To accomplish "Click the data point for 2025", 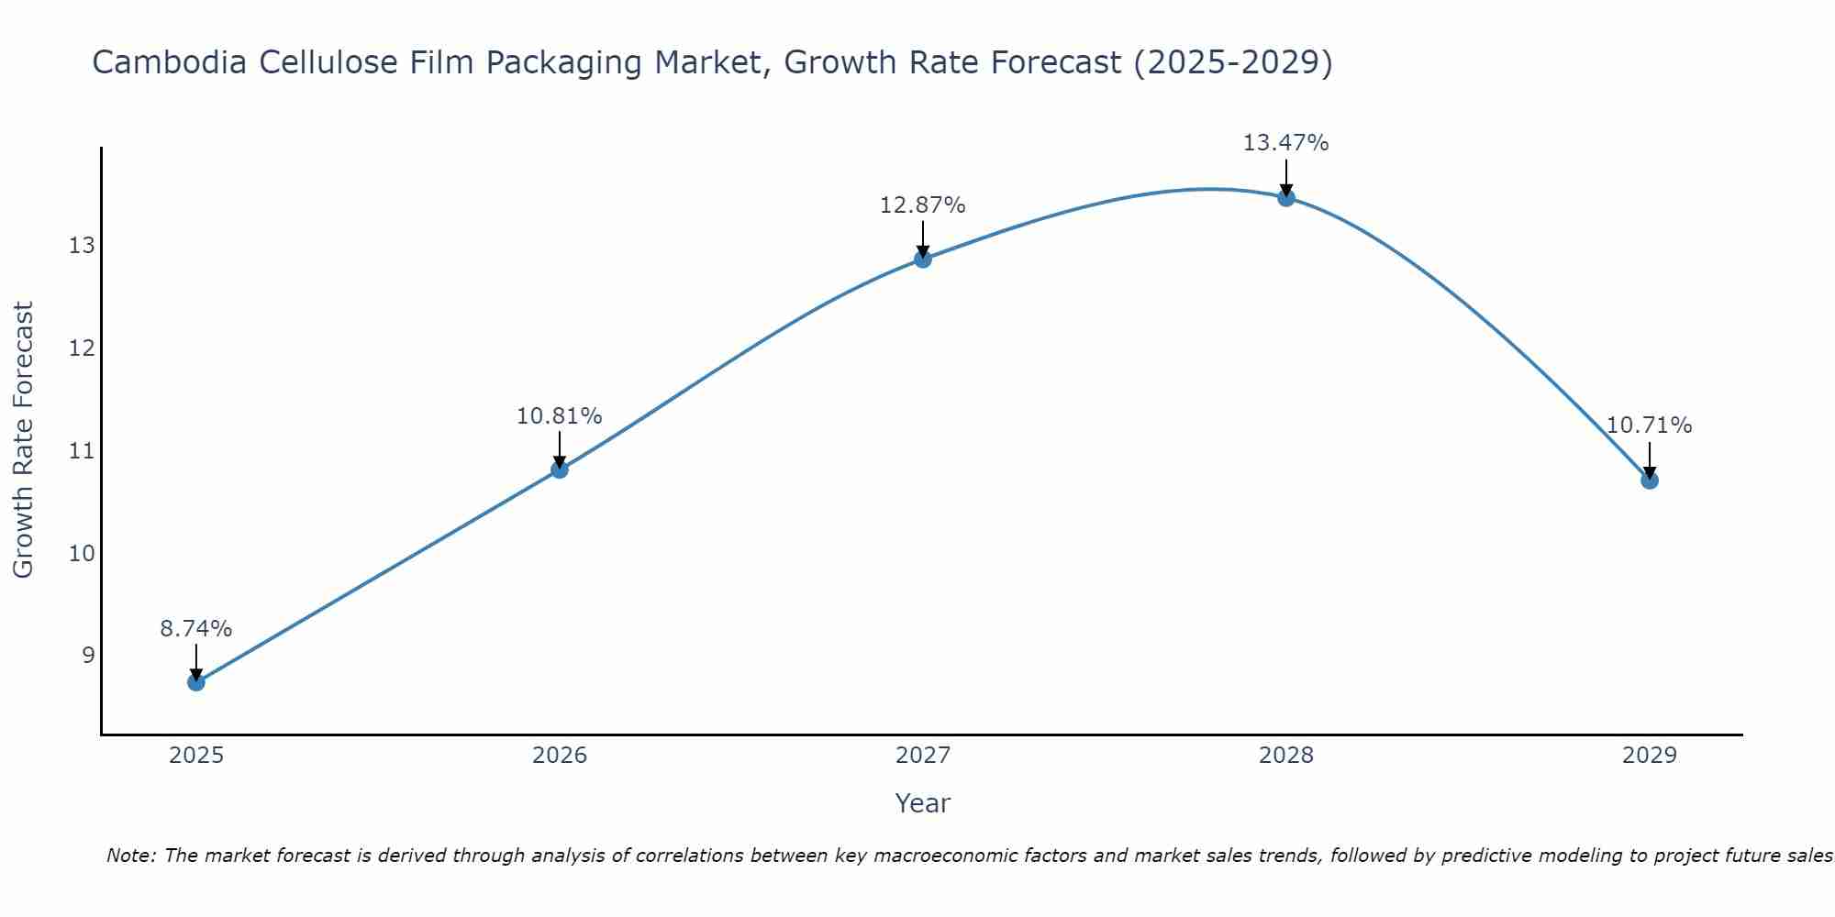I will pyautogui.click(x=195, y=682).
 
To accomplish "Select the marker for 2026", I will pyautogui.click(x=559, y=470).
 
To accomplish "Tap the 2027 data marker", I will pyautogui.click(x=922, y=260).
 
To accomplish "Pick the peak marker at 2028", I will pyautogui.click(x=1285, y=198).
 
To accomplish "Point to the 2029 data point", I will pyautogui.click(x=1649, y=481).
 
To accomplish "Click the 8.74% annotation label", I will pyautogui.click(x=195, y=629).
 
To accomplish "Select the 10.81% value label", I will pyautogui.click(x=559, y=416).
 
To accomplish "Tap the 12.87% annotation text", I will pyautogui.click(x=922, y=205).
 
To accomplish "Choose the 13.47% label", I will pyautogui.click(x=1285, y=143).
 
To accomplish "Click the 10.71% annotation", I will pyautogui.click(x=1649, y=425).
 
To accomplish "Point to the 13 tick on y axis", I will pyautogui.click(x=81, y=246).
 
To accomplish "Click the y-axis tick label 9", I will pyautogui.click(x=87, y=656).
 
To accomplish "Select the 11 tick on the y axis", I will pyautogui.click(x=81, y=451).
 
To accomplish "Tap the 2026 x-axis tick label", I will pyautogui.click(x=559, y=756).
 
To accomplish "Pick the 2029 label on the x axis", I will pyautogui.click(x=1649, y=756).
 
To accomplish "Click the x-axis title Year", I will pyautogui.click(x=922, y=803).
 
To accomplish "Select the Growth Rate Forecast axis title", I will pyautogui.click(x=24, y=440).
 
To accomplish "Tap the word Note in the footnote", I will pyautogui.click(x=129, y=856).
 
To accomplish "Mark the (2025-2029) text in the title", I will pyautogui.click(x=1232, y=63).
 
